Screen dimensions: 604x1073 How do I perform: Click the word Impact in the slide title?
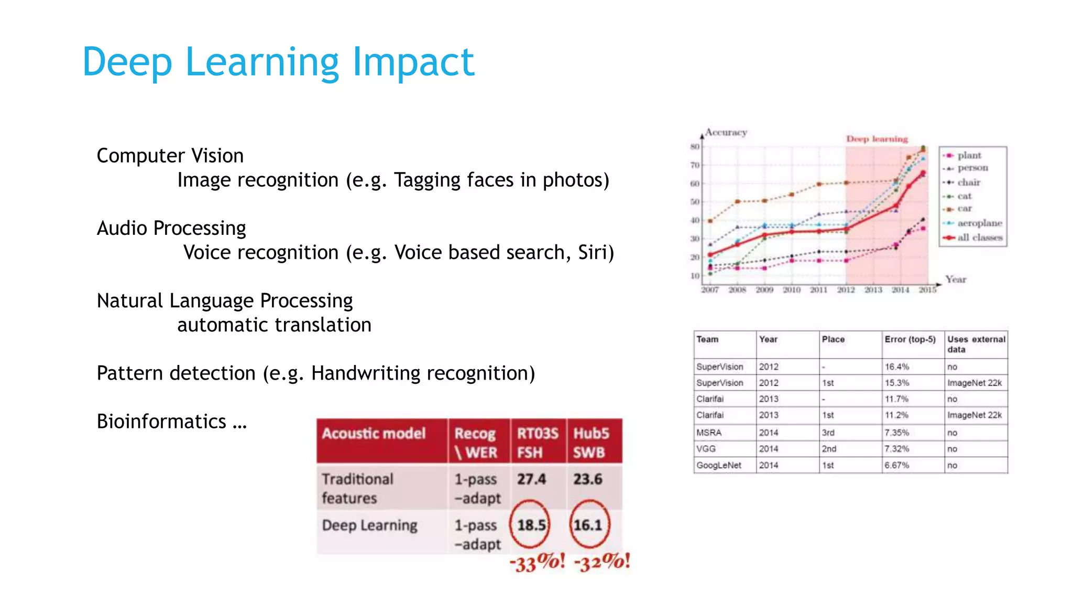413,62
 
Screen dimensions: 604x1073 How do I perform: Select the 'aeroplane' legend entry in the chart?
979,223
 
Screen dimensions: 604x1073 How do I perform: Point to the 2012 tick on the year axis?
846,290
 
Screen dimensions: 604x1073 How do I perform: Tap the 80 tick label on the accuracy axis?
695,147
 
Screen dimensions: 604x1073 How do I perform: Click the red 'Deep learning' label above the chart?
877,139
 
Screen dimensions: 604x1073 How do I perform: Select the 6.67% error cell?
896,465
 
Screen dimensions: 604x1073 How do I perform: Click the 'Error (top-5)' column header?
910,339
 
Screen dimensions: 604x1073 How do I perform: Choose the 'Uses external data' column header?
976,344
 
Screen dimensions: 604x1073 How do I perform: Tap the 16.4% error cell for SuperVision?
896,367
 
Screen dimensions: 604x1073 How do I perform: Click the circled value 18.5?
531,525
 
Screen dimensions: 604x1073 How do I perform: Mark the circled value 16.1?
588,525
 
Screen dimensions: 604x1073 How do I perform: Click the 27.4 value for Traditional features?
531,479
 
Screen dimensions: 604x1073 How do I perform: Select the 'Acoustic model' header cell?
374,434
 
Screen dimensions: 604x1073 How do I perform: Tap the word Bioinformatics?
161,422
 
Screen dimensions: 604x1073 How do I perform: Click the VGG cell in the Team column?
706,449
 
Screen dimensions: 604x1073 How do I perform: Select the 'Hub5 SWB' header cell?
590,443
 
